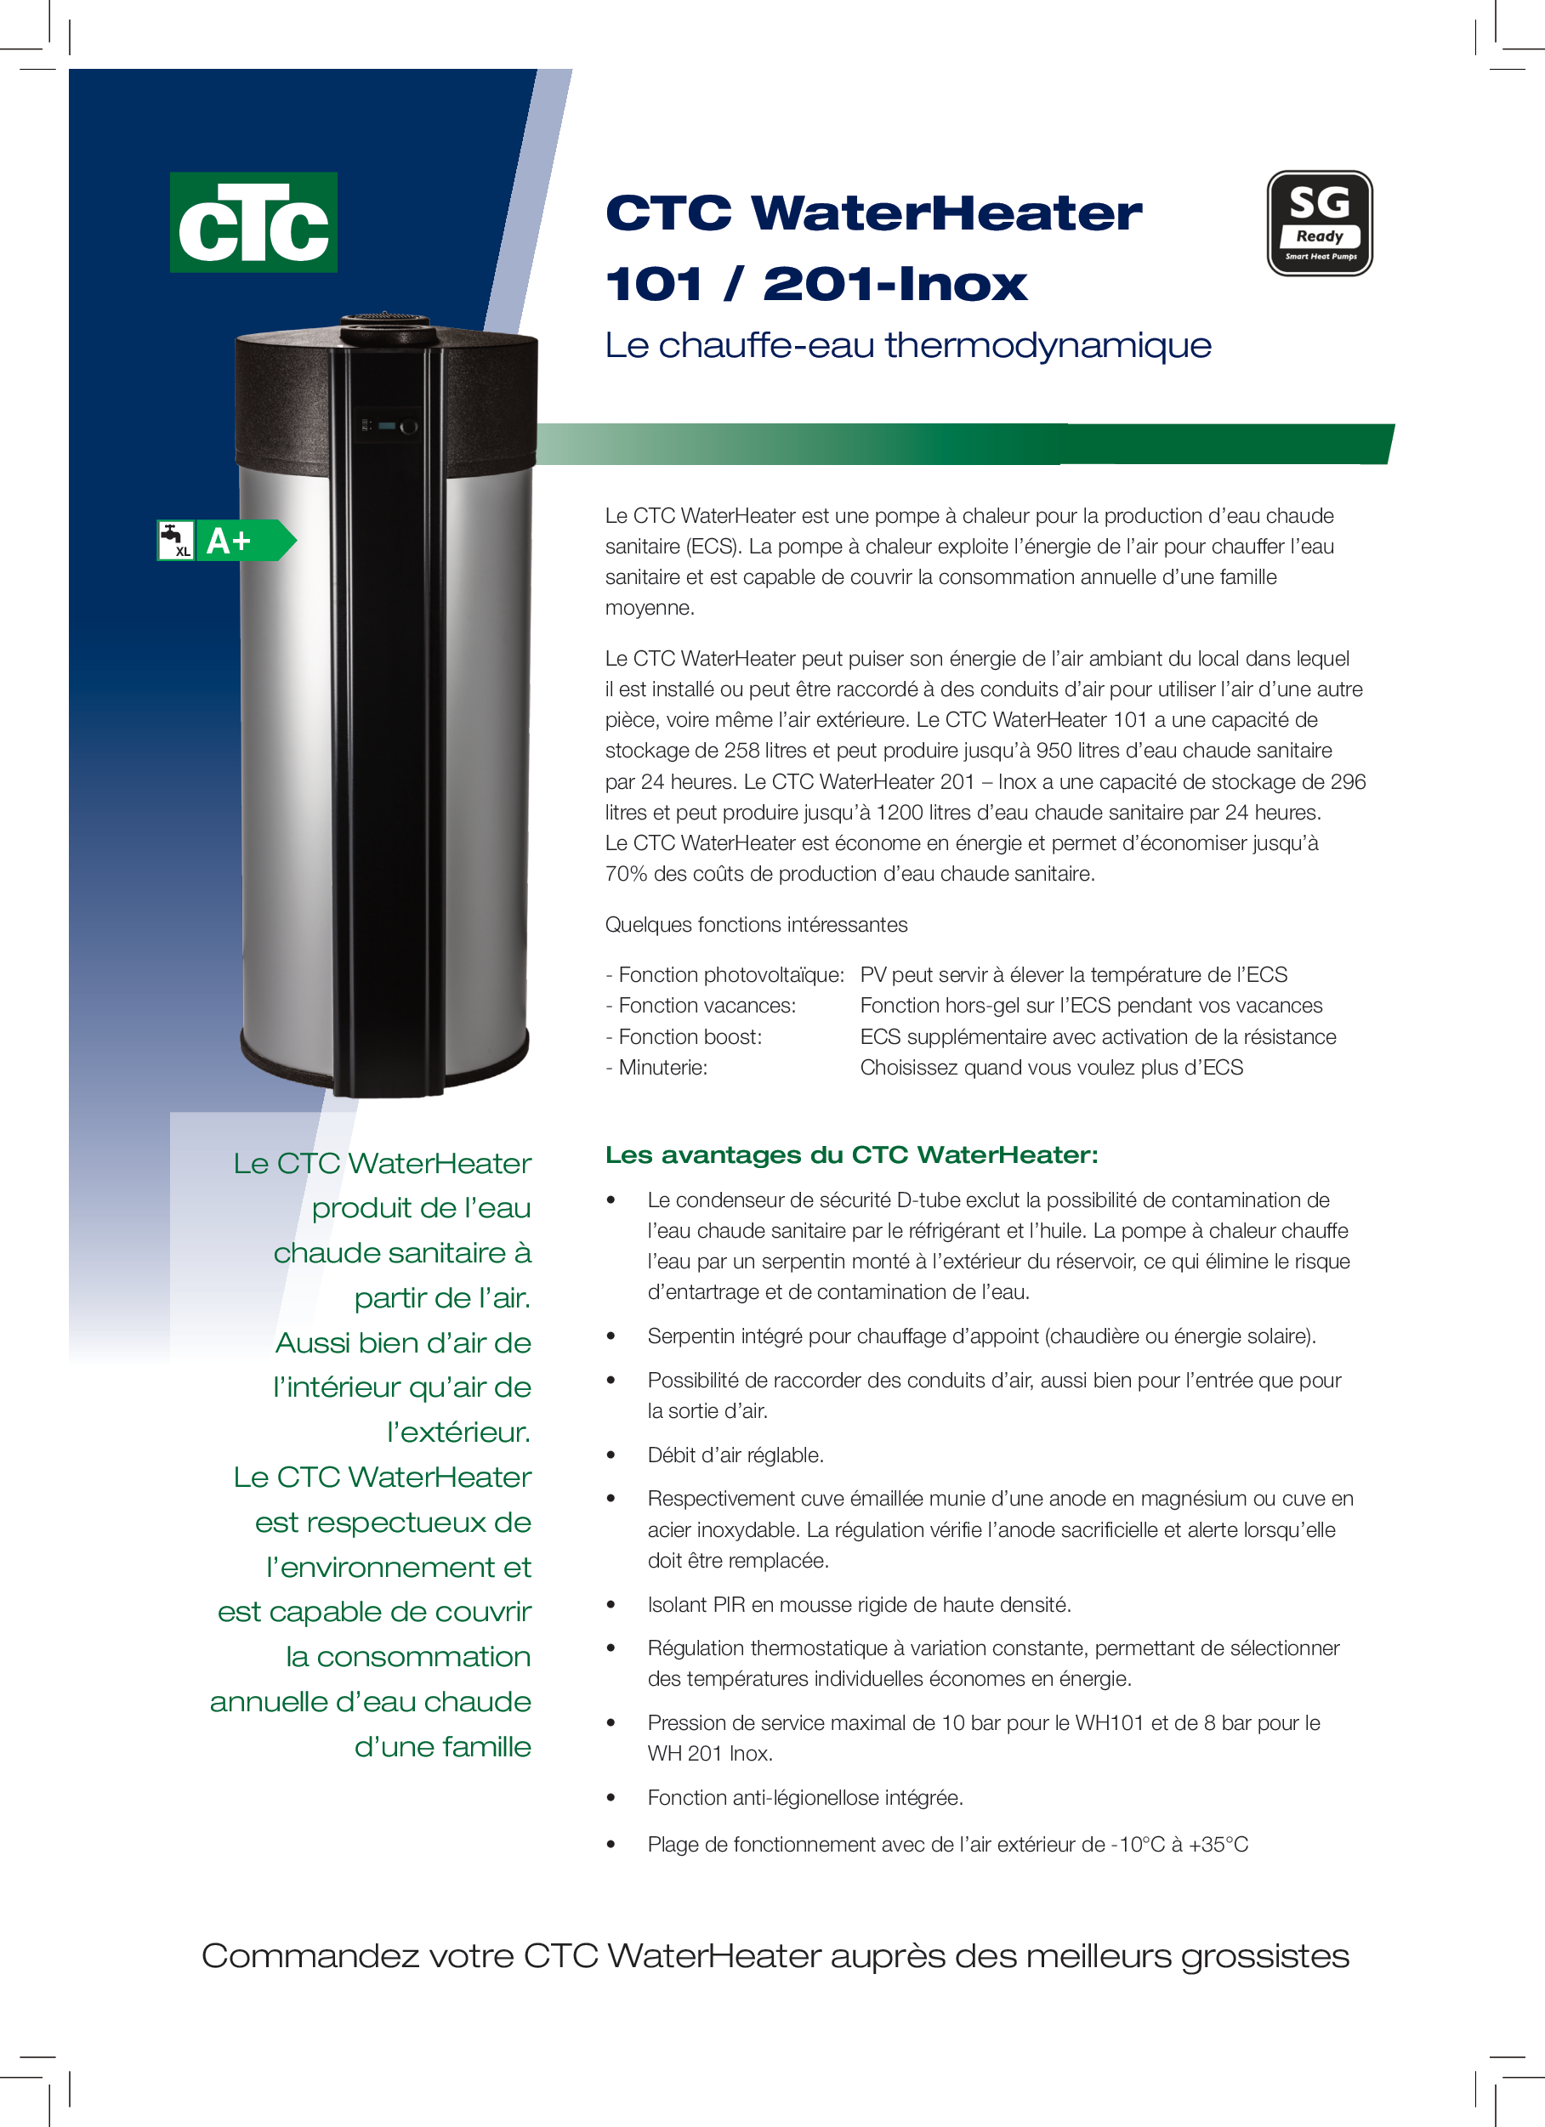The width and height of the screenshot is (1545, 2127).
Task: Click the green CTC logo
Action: coord(253,222)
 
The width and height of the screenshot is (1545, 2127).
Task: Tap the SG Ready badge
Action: coord(1319,224)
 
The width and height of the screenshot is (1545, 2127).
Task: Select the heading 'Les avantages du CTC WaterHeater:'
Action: coord(851,1154)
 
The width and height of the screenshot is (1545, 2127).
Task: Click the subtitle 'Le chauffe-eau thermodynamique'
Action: coord(907,345)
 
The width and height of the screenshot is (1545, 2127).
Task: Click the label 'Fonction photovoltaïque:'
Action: coord(730,975)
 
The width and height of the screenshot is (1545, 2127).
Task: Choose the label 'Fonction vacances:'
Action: coord(707,1007)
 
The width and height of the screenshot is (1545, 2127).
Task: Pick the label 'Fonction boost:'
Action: coord(690,1037)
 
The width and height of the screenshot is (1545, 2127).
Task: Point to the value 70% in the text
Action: coord(626,874)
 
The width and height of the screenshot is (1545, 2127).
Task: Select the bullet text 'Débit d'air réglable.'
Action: coord(736,1455)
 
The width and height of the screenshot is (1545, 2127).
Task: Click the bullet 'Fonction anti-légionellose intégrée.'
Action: coord(805,1798)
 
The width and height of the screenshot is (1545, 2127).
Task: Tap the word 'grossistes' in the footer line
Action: coord(1264,1956)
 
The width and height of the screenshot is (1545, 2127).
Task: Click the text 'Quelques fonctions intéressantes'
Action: coord(756,925)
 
